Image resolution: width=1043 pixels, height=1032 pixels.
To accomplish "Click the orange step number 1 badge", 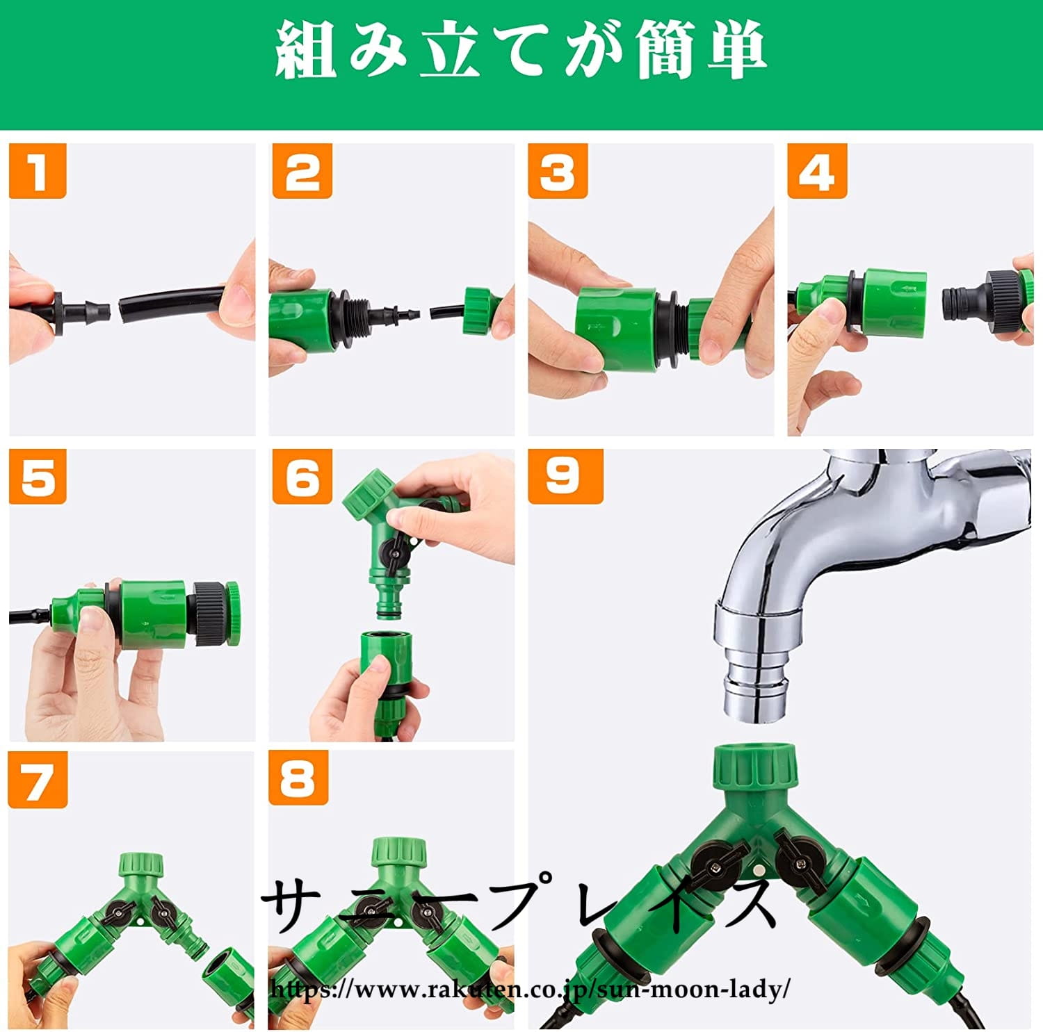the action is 38,171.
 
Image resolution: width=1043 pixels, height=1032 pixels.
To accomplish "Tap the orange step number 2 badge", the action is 301,171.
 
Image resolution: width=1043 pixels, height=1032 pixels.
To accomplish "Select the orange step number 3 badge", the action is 558,171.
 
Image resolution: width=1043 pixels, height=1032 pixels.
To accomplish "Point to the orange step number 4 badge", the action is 817,171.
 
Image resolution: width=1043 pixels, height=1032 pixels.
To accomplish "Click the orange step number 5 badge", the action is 38,476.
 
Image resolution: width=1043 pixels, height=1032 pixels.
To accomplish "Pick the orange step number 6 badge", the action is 302,476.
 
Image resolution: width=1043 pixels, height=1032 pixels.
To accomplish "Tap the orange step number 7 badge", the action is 38,780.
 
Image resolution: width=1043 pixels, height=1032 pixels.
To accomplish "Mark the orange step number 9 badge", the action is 565,476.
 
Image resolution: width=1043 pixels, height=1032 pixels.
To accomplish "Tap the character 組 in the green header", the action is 306,49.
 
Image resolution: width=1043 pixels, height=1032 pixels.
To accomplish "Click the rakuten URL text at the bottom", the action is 530,988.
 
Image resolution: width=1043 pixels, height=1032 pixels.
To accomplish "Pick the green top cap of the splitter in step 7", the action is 141,866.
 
